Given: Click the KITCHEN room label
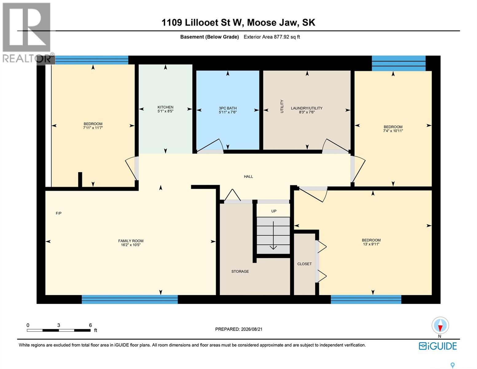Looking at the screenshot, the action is point(165,107).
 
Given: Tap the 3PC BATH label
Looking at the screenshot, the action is point(228,108).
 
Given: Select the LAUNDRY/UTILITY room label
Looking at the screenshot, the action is point(307,108).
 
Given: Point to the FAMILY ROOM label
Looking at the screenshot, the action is point(131,241).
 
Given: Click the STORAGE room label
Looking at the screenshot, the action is point(240,272).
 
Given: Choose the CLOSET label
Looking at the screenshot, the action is point(304,264).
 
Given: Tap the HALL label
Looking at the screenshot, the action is point(248,177).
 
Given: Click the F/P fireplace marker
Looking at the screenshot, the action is point(58,213).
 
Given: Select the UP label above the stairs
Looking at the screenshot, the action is point(273,211).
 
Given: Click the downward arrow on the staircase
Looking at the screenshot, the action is point(273,235).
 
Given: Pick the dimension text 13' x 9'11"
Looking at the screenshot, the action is point(371,244).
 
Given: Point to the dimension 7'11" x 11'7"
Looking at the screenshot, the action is point(93,128).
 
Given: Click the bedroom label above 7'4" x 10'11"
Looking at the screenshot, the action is point(393,127).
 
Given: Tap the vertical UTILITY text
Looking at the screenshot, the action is point(282,106).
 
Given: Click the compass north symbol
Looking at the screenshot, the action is point(440,325).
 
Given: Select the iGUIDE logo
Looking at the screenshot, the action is point(438,346).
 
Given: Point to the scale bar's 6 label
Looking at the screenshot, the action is point(90,325).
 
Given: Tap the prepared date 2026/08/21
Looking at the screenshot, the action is point(251,329).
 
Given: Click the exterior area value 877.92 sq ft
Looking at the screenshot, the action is point(287,37).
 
